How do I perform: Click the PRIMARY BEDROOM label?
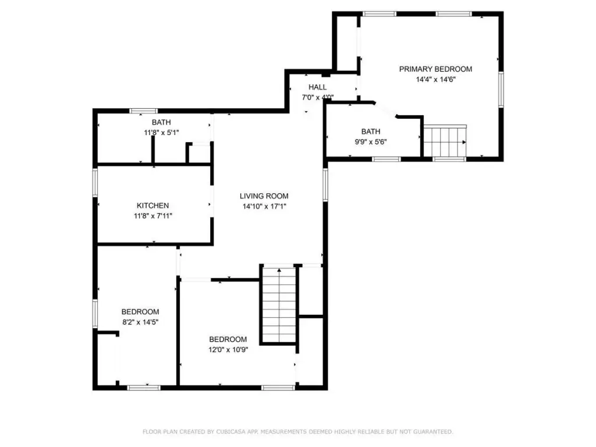coord(435,69)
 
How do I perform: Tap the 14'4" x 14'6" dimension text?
coord(435,79)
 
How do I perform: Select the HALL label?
coord(317,87)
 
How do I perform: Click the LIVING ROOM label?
coord(264,196)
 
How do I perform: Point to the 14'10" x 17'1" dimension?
coord(264,207)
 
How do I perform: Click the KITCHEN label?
coord(153,205)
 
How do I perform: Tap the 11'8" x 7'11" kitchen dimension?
coord(153,216)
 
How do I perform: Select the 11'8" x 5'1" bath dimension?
coord(161,133)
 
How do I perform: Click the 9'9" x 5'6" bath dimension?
coord(371,142)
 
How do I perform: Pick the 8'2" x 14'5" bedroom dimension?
coord(140,322)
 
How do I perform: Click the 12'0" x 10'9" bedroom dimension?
coord(228,350)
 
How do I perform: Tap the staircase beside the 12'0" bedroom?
coord(279,304)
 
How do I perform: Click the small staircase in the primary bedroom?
coord(445,141)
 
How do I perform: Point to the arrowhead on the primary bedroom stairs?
coord(464,142)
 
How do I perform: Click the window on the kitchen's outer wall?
coord(95,183)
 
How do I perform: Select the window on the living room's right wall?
coord(325,185)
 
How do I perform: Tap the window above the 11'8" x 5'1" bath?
coord(144,111)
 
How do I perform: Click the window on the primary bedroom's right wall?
coord(501,90)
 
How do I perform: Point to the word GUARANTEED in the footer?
coord(433,432)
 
